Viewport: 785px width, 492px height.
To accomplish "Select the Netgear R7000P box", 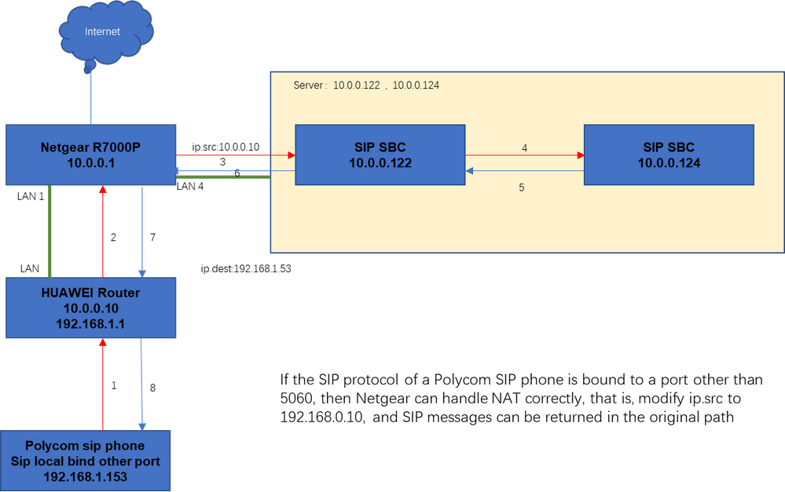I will click(x=91, y=155).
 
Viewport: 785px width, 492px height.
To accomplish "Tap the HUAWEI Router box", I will click(x=91, y=307).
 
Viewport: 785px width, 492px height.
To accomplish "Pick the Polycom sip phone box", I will click(x=86, y=461).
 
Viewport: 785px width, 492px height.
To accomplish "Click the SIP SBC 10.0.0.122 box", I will click(x=380, y=155).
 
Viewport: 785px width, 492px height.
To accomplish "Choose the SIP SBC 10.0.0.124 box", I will click(x=669, y=155).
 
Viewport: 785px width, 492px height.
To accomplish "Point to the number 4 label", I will click(x=524, y=148).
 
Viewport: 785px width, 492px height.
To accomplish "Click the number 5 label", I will click(x=521, y=188).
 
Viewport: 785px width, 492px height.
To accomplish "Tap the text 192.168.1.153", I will click(x=86, y=476).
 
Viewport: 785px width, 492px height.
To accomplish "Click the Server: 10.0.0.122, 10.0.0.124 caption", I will click(x=365, y=85).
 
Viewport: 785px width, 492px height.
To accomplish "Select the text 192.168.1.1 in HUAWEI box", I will click(x=91, y=323).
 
